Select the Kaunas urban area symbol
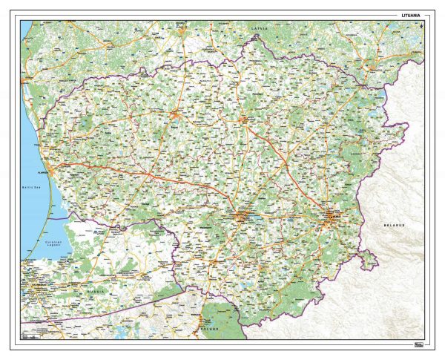(244, 217)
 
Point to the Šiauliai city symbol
(177, 114)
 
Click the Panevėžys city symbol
(250, 119)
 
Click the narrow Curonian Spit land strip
(43, 223)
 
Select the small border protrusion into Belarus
(366, 258)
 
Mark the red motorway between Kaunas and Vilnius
(289, 217)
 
